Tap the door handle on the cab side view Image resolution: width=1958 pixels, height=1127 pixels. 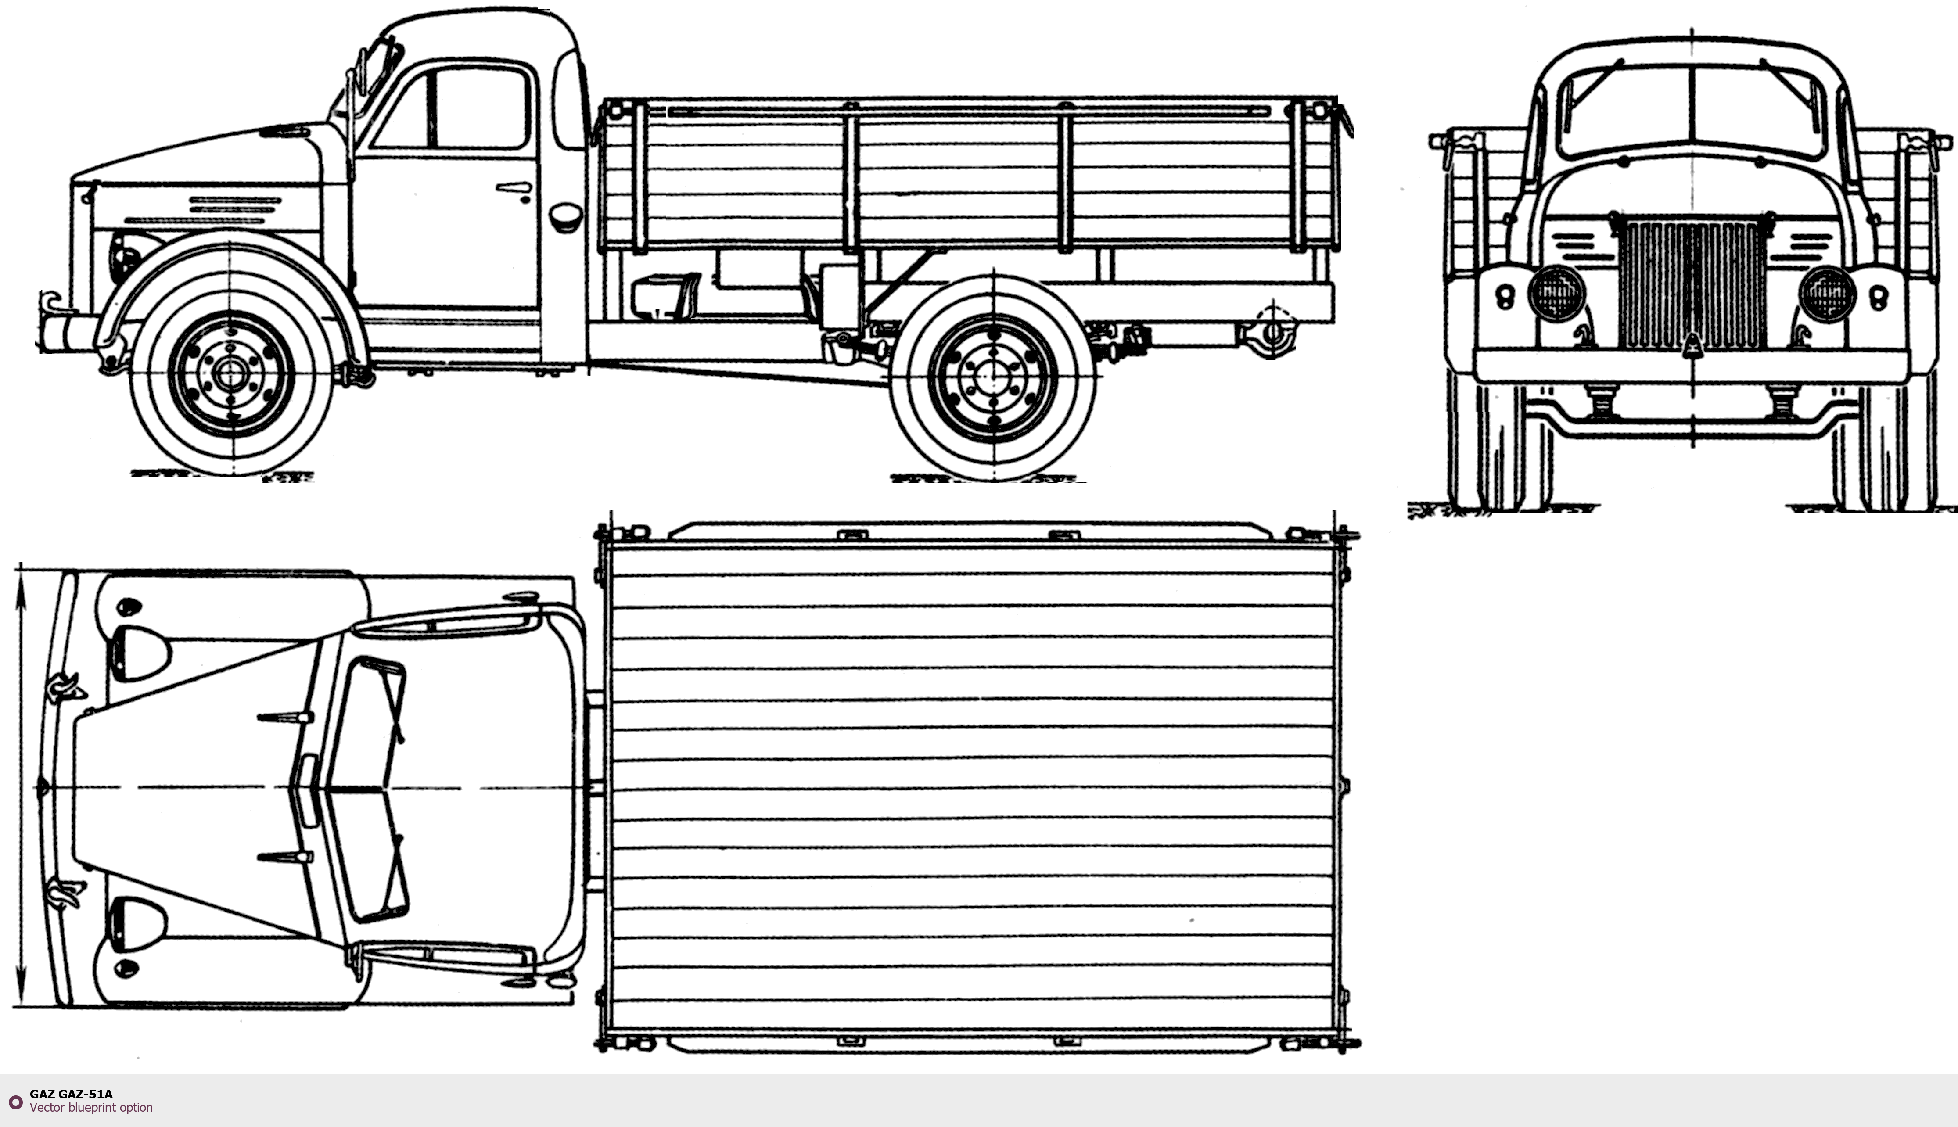[x=514, y=187]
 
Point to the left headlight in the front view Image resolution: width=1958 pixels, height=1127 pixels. [x=1556, y=293]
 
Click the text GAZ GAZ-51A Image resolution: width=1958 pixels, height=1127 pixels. [x=71, y=1094]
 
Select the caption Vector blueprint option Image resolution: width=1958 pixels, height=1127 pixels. [x=91, y=1108]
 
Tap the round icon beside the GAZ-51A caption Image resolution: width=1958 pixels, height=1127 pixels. [x=15, y=1102]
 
